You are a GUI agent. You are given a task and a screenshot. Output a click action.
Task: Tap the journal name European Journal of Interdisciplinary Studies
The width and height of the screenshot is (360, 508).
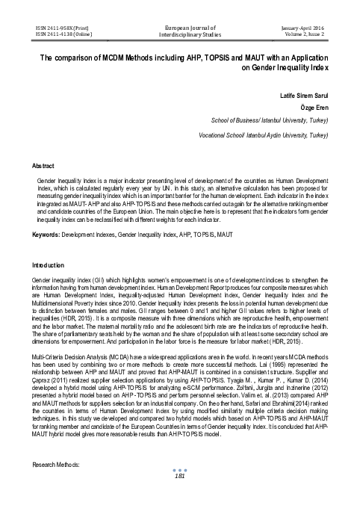click(x=179, y=29)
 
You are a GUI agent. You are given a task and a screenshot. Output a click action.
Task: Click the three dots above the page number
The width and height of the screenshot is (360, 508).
click(x=179, y=489)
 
